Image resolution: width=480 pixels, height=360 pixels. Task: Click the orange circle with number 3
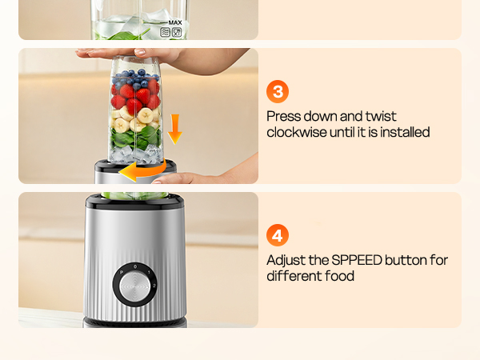pos(277,92)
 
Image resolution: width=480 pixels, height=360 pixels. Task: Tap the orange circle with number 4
pos(277,236)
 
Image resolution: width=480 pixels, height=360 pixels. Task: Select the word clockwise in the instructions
pos(297,133)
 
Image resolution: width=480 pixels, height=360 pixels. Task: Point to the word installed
pos(404,133)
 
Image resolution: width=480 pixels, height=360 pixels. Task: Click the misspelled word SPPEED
pos(355,261)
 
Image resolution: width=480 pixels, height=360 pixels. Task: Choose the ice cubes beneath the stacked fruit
pos(132,154)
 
